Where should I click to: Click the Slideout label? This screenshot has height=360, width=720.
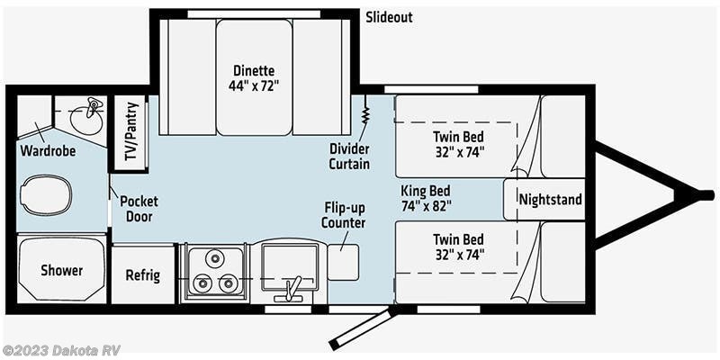[x=389, y=17]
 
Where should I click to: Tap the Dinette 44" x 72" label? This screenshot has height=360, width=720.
[x=254, y=78]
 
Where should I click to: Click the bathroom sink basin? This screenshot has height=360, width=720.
[x=87, y=118]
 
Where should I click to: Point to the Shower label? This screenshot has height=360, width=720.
[x=61, y=271]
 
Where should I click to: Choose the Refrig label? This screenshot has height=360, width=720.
[x=143, y=275]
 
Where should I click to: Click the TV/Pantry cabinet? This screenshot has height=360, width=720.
[x=130, y=133]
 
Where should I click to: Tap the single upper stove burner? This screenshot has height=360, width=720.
[x=214, y=258]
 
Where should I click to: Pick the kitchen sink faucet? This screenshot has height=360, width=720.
[x=291, y=289]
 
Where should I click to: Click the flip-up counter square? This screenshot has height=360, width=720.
[x=343, y=262]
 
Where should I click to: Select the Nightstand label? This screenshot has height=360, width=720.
[x=551, y=200]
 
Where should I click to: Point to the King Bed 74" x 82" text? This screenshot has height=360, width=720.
[x=425, y=197]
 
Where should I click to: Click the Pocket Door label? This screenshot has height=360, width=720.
[x=139, y=209]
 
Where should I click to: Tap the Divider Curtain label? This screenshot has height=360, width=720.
[x=349, y=156]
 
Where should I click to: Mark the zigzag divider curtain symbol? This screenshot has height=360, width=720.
[x=366, y=112]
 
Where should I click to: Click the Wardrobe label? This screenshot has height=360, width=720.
[x=48, y=150]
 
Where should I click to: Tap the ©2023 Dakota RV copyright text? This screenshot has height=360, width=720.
[x=60, y=351]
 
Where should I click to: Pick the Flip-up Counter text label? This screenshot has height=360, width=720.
[x=344, y=216]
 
